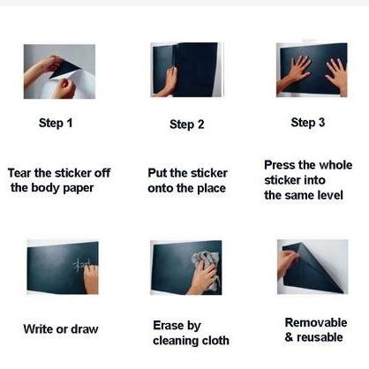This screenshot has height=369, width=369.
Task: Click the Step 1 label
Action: point(56,123)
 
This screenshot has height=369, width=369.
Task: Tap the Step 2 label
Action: point(186,124)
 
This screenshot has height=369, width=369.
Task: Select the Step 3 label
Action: point(308,123)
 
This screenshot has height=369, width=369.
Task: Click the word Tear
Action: point(19,173)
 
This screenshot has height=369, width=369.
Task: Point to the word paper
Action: point(79,189)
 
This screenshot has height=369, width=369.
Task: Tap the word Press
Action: point(279,165)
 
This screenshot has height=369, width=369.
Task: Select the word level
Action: point(330,195)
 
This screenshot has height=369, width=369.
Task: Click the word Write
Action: point(38,329)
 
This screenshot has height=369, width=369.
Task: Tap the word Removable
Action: point(316,322)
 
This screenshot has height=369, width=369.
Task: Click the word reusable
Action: point(320,337)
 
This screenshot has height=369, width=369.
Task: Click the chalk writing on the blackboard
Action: point(82,264)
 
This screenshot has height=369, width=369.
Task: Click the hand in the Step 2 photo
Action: point(168,82)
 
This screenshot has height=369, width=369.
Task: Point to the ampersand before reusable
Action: point(289,337)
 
